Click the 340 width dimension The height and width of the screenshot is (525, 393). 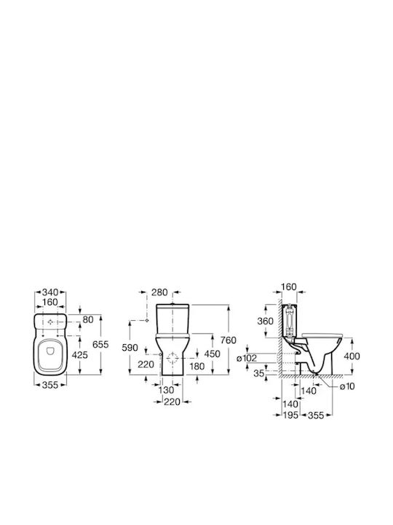[x=50, y=292]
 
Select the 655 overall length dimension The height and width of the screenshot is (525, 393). [x=100, y=344]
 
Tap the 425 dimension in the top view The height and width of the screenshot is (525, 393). [x=80, y=354]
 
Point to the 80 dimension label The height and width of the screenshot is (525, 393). [x=88, y=319]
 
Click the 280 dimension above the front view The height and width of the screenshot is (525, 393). [x=159, y=292]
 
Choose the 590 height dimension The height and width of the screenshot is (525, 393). [x=130, y=348]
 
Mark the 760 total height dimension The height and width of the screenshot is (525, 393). [x=229, y=341]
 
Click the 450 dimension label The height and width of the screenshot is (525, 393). [x=213, y=354]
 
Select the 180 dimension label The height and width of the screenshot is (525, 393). [x=196, y=366]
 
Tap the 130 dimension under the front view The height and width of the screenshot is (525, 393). [x=166, y=389]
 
